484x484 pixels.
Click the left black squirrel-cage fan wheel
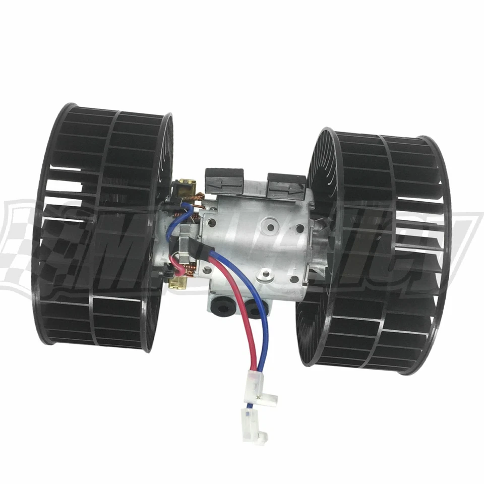tap(101, 227)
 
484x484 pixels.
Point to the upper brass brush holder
tap(179, 187)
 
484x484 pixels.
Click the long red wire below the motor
tap(244, 323)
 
